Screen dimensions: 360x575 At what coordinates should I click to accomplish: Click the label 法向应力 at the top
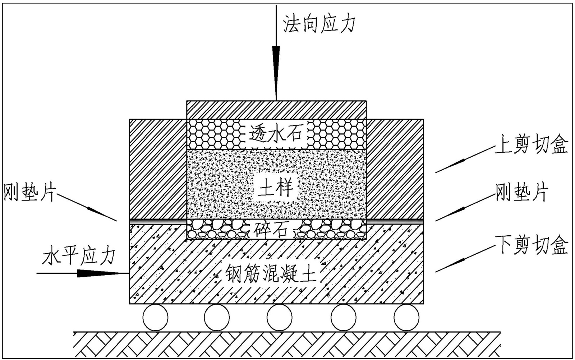(x=319, y=24)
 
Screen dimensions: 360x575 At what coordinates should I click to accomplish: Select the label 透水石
(x=276, y=135)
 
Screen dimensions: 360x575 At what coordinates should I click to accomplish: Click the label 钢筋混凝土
(x=271, y=274)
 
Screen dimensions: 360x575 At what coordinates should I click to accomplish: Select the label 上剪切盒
(x=531, y=144)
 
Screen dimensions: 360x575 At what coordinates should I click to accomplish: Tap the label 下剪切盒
(x=531, y=245)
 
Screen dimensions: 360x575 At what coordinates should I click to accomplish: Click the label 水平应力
(x=78, y=256)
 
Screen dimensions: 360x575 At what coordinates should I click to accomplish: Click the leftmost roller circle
(x=155, y=317)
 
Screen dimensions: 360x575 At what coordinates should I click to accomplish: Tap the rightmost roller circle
(x=406, y=317)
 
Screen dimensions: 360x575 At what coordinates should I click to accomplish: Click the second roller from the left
(x=217, y=317)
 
